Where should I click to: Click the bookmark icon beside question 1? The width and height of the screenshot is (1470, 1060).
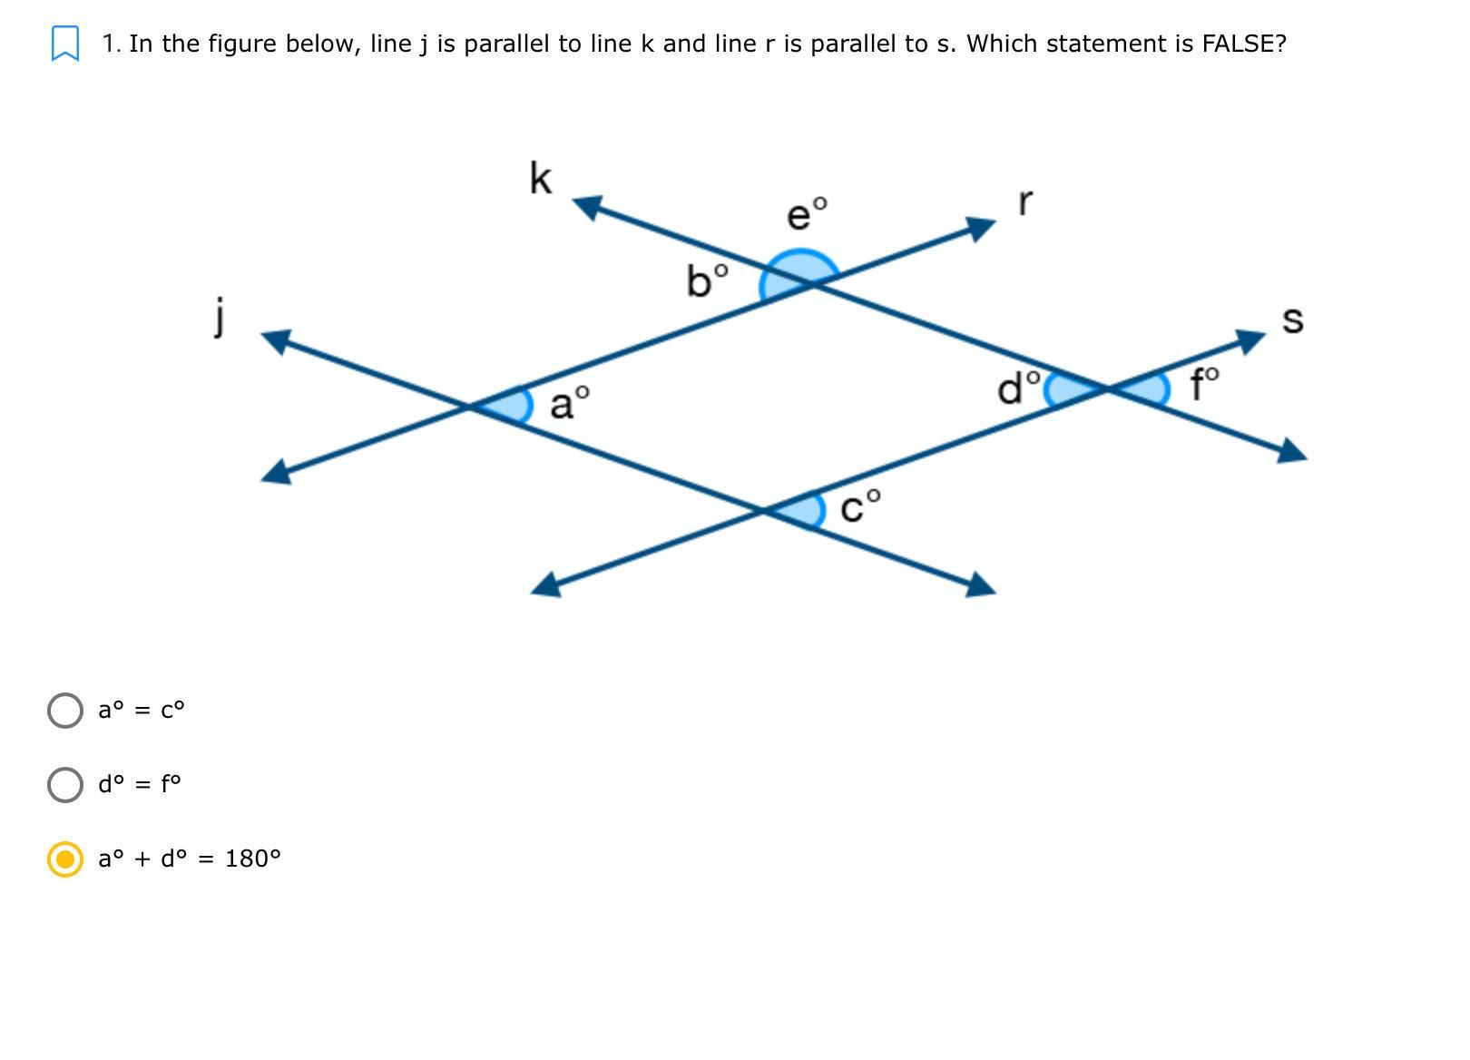(x=65, y=44)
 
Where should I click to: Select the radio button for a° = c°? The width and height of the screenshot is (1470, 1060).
(x=65, y=711)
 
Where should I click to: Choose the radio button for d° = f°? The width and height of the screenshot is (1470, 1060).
(x=65, y=785)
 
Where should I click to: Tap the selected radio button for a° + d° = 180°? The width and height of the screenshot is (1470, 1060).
(x=65, y=859)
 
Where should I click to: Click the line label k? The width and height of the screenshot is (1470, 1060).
(x=541, y=178)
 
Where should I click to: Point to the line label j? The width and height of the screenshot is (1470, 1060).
(x=220, y=316)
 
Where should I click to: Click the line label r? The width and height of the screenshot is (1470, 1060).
(x=1025, y=201)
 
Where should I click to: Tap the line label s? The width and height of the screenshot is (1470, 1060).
(x=1292, y=319)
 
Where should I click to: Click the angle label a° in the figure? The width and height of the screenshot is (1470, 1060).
(x=569, y=402)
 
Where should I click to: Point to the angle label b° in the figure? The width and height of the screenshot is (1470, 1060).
(x=707, y=280)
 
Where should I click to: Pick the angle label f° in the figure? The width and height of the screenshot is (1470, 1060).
(x=1205, y=384)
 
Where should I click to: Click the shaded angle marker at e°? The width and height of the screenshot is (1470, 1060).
(x=799, y=269)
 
